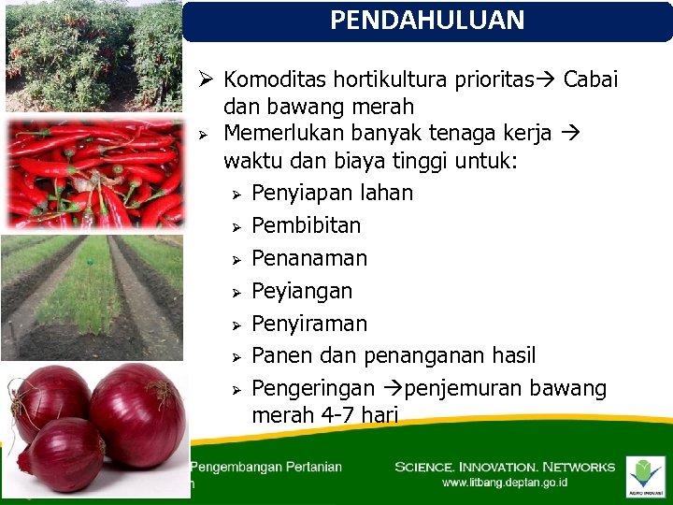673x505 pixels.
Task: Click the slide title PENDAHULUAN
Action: coord(427,21)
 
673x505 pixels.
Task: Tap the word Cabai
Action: coord(591,79)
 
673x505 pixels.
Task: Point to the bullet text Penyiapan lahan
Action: coord(332,194)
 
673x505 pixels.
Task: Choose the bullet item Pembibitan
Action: coord(306,226)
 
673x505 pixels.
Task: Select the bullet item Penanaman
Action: coord(309,259)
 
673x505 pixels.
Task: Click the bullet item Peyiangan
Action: coord(302,292)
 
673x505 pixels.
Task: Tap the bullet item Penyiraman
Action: coord(309,324)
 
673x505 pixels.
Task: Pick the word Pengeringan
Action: coord(313,388)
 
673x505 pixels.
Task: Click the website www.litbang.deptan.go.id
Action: coord(505,483)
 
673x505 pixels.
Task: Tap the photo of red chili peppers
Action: coord(93,174)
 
